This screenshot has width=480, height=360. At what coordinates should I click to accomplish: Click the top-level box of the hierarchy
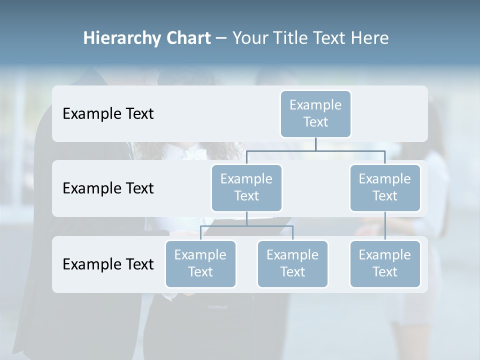[x=315, y=113]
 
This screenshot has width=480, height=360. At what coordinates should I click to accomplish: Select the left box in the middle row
[x=246, y=187]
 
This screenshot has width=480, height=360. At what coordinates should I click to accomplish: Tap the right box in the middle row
[x=385, y=187]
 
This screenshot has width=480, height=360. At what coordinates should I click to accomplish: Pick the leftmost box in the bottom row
[x=200, y=263]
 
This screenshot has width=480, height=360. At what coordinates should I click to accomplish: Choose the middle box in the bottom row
[x=292, y=263]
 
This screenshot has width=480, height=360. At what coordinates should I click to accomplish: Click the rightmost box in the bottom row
[x=385, y=263]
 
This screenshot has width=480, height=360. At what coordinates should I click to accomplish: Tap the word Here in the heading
[x=370, y=38]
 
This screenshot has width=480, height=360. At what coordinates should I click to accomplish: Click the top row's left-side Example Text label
[x=108, y=113]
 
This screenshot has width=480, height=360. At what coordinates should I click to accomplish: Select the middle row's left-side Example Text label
[x=108, y=188]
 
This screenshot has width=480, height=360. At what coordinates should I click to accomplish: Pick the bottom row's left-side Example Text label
[x=108, y=264]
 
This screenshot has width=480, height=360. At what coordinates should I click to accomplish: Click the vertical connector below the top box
[x=315, y=144]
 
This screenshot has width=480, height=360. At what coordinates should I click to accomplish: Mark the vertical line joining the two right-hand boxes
[x=385, y=226]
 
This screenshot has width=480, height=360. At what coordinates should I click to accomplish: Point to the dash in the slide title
[x=221, y=38]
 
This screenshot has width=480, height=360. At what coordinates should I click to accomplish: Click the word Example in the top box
[x=315, y=105]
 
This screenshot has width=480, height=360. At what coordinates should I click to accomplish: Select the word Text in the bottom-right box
[x=385, y=272]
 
